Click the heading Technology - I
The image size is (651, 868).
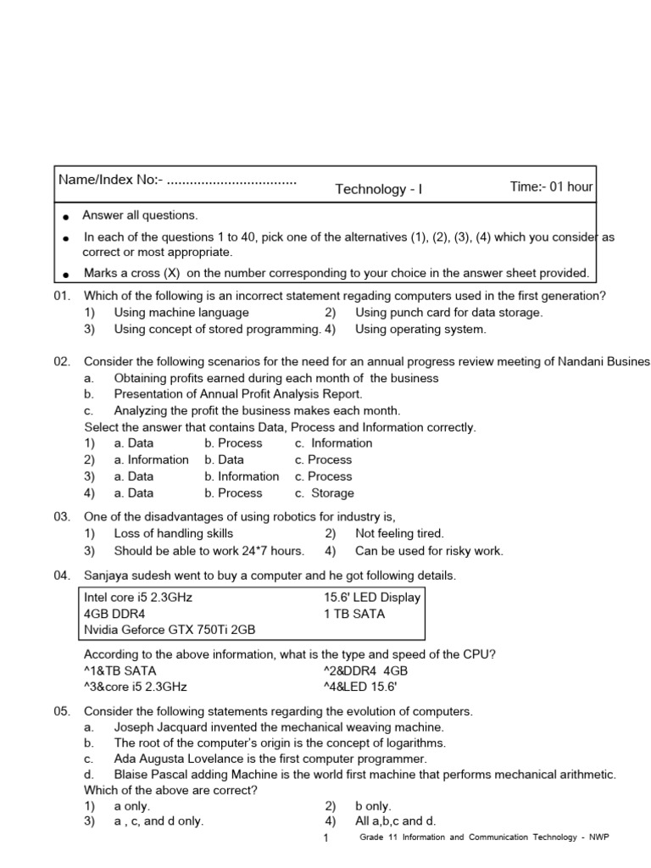pyautogui.click(x=378, y=189)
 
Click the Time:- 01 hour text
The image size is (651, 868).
pyautogui.click(x=551, y=186)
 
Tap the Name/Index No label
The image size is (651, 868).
pyautogui.click(x=108, y=180)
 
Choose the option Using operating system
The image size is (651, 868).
pyautogui.click(x=420, y=329)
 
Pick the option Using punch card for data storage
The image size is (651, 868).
pyautogui.click(x=448, y=312)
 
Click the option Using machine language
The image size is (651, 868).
pyautogui.click(x=181, y=312)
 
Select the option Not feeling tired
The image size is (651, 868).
pyautogui.click(x=399, y=533)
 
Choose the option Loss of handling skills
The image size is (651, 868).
pyautogui.click(x=173, y=533)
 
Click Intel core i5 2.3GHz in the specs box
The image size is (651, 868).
pyautogui.click(x=138, y=597)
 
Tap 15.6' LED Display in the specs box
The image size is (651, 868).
pyautogui.click(x=371, y=597)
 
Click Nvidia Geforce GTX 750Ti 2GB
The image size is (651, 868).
pyautogui.click(x=169, y=630)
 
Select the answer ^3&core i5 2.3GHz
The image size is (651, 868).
pyautogui.click(x=135, y=686)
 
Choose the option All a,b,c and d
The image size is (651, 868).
pyautogui.click(x=395, y=821)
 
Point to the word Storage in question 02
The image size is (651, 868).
pyautogui.click(x=332, y=492)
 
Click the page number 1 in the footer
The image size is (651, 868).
pyautogui.click(x=325, y=838)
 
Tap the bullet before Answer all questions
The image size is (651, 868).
pyautogui.click(x=66, y=218)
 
